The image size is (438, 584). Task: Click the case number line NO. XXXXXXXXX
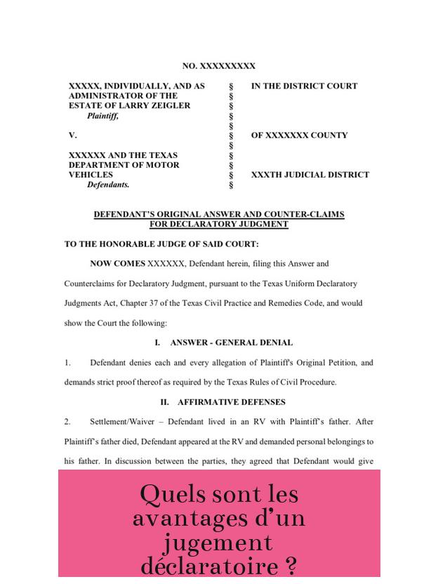click(218, 66)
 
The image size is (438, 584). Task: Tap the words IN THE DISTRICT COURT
click(304, 86)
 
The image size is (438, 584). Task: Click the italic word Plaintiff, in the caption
click(102, 116)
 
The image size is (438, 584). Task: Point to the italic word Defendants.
click(108, 185)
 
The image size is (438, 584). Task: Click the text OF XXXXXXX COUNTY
click(299, 135)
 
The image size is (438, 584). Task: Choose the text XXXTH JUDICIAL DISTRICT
click(310, 175)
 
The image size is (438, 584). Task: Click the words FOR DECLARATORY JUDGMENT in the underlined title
click(218, 225)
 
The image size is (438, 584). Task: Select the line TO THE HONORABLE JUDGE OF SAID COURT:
click(161, 245)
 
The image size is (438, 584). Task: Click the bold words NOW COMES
click(117, 264)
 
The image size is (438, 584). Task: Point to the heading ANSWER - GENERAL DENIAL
click(231, 343)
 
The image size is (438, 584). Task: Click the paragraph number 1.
click(67, 363)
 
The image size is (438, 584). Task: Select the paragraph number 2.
click(67, 422)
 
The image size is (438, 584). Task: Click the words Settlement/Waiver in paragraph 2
click(121, 422)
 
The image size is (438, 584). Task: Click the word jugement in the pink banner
click(218, 543)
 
